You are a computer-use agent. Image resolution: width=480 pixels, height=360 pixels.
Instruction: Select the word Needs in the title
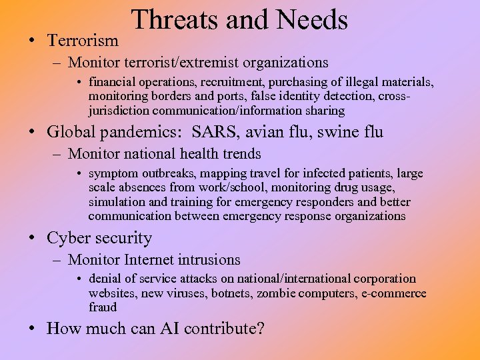coord(311,20)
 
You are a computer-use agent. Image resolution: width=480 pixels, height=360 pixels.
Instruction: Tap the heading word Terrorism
coord(83,41)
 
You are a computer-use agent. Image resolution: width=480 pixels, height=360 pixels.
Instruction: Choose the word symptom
coord(112,173)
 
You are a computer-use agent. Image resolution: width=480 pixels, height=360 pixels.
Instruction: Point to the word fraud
coord(103,307)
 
